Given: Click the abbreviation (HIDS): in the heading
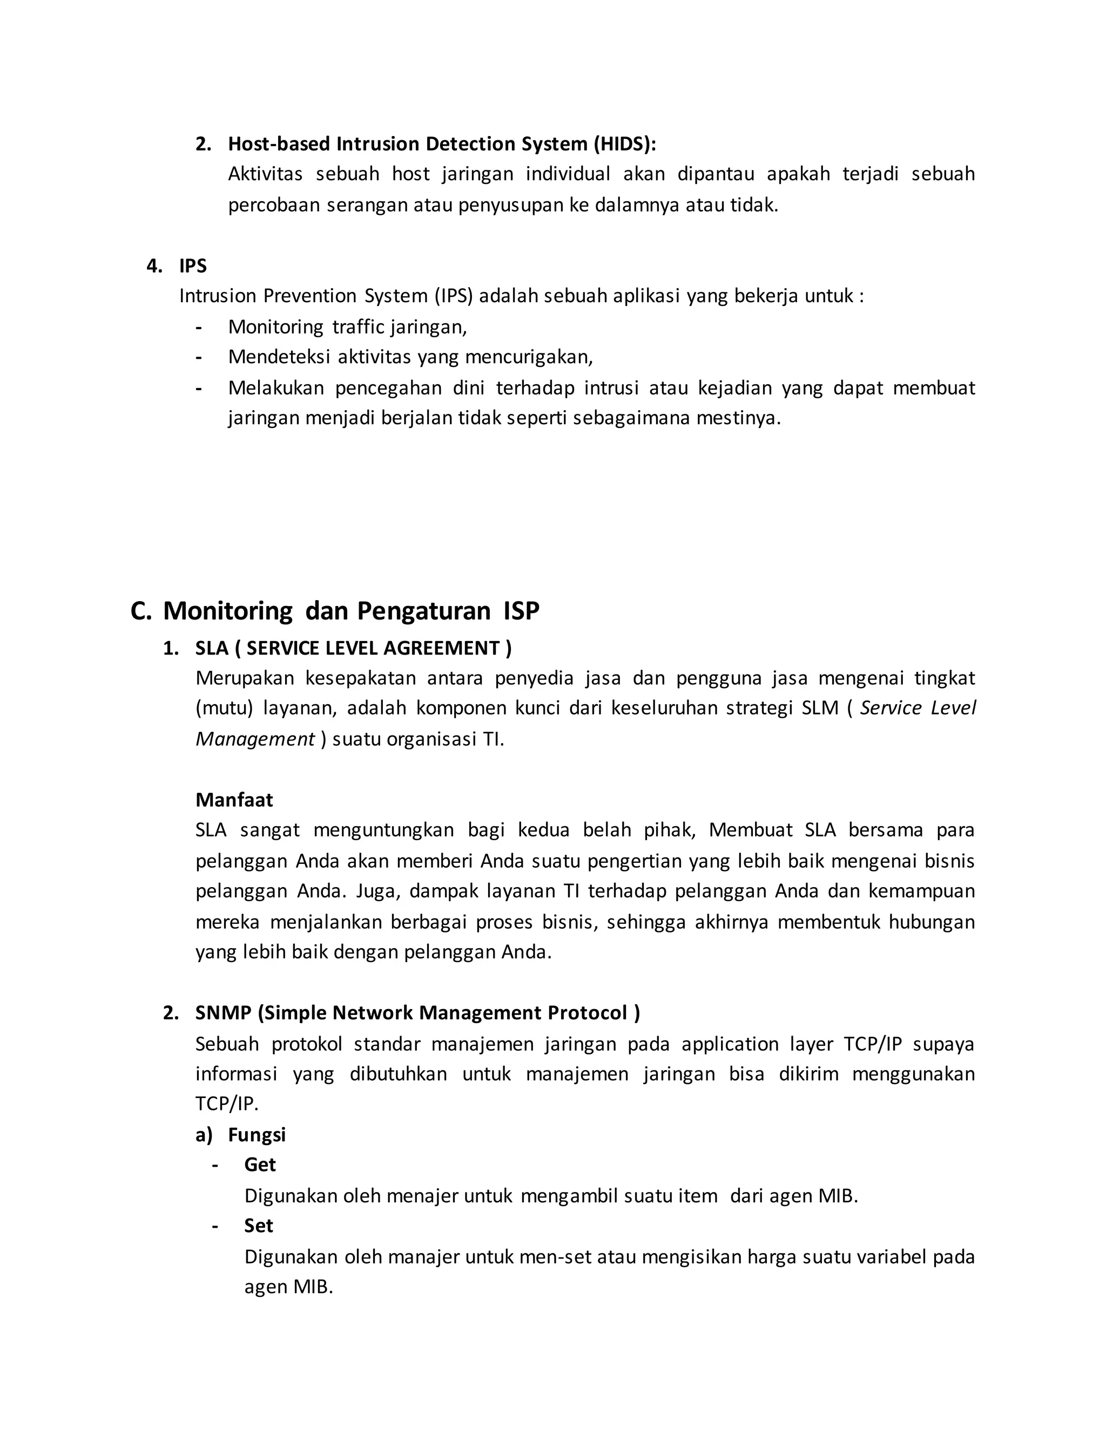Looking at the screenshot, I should pos(624,144).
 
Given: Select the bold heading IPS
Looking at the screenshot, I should pos(193,266).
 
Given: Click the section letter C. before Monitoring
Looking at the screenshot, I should pos(140,610).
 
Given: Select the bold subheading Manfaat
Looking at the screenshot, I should pos(234,800).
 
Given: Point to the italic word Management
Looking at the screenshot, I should pos(255,739).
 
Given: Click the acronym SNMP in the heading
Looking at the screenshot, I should pos(224,1012).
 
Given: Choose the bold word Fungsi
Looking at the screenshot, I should pos(257,1134).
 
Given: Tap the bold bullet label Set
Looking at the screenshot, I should pos(258,1225).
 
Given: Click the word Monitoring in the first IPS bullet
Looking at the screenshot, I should pos(275,326).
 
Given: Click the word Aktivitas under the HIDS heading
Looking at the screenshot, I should pos(265,174).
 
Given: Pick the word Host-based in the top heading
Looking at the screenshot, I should pos(279,144).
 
